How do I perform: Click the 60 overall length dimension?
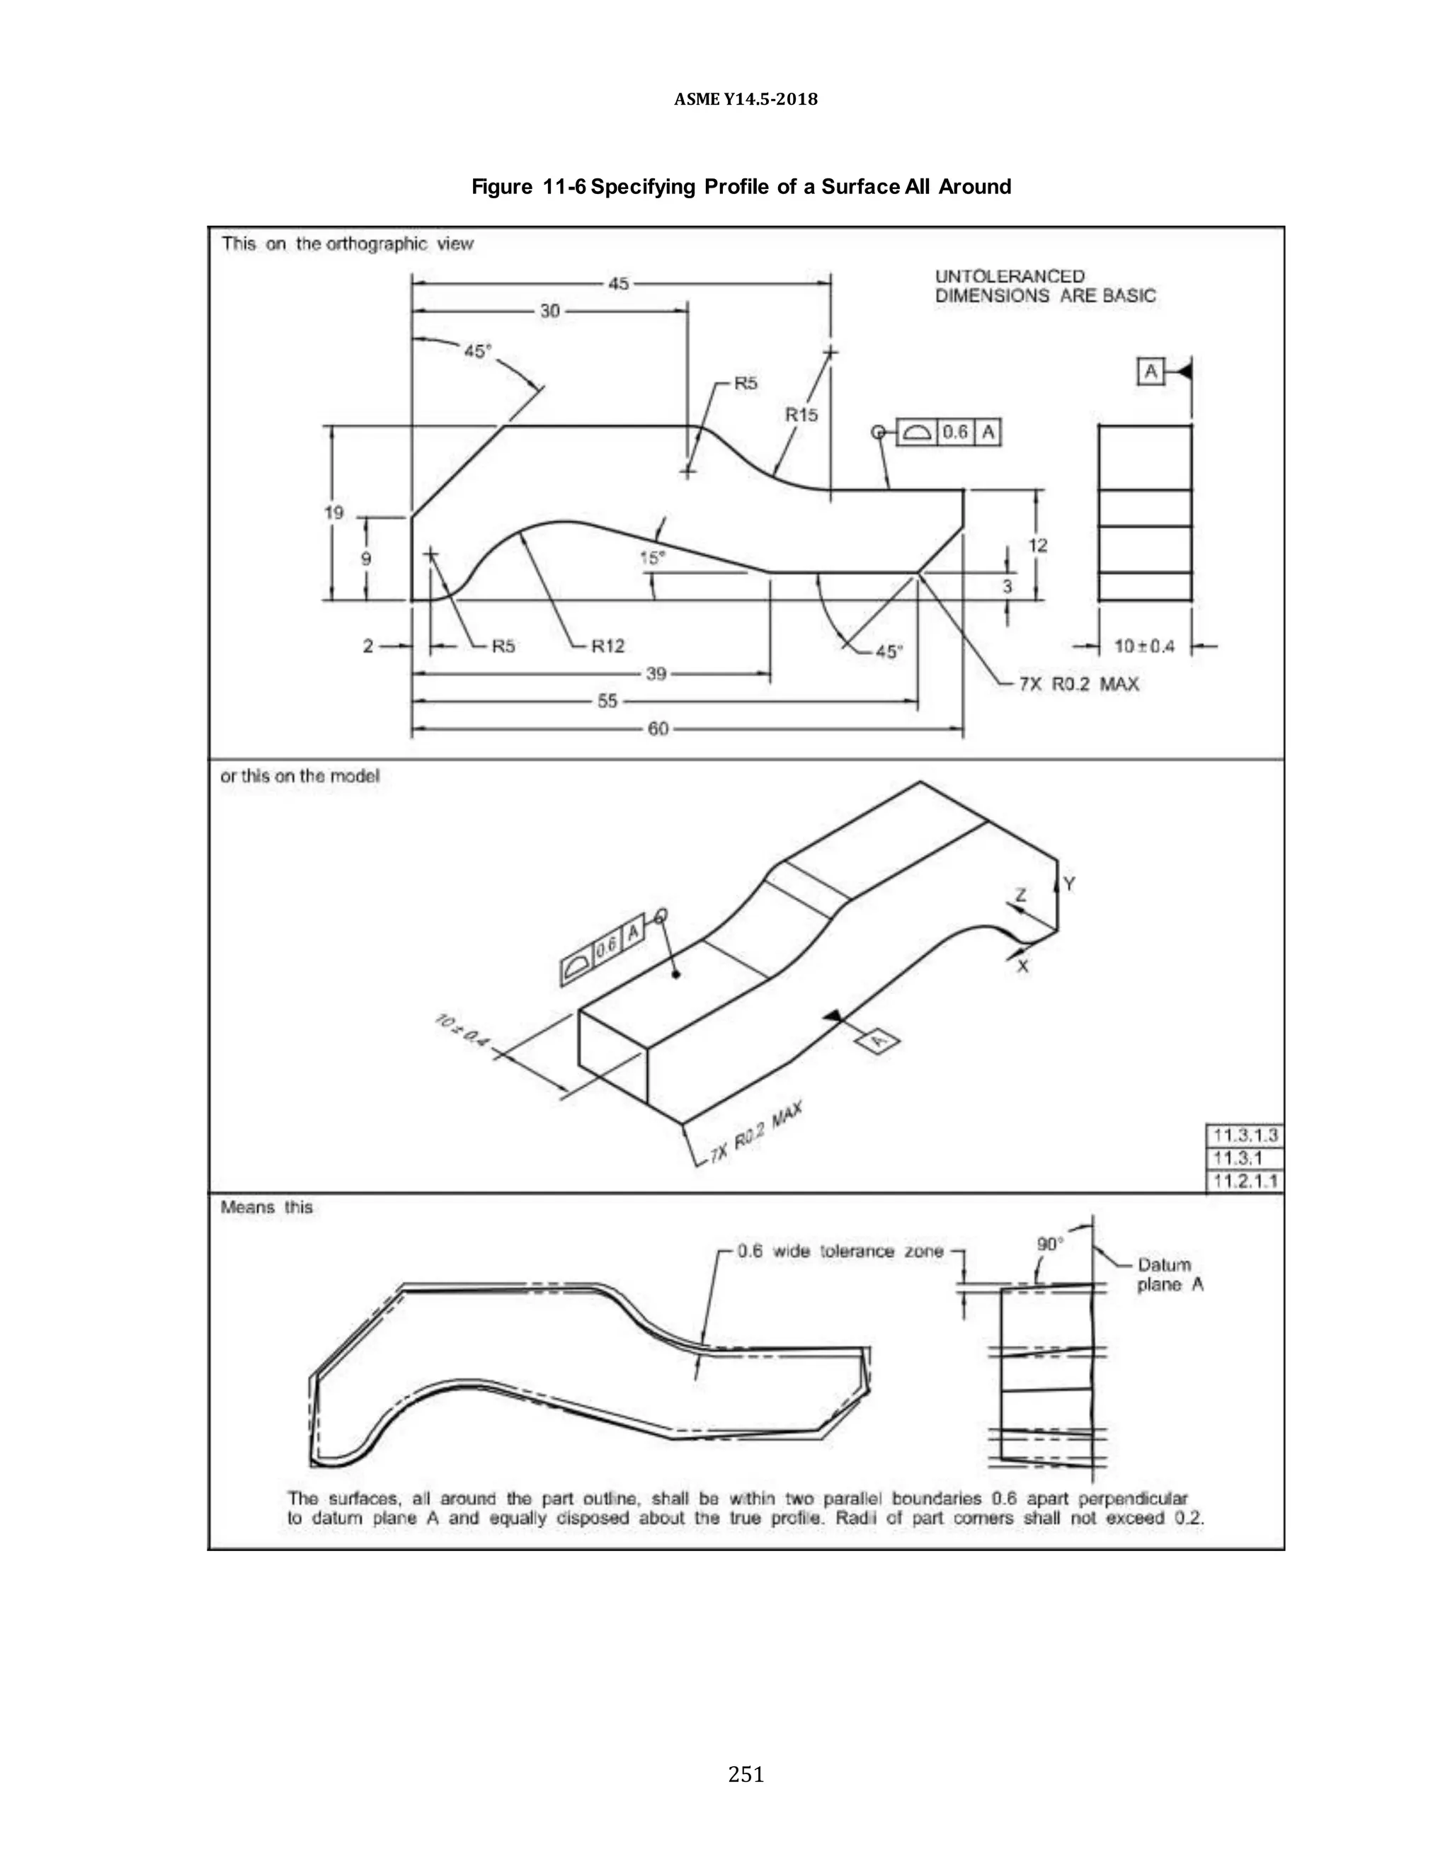658,729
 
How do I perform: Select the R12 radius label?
608,646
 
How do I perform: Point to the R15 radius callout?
801,415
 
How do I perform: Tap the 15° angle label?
652,559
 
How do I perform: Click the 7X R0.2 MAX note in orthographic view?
1079,685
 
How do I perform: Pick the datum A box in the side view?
1151,372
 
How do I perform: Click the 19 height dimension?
334,513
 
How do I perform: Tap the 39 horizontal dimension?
656,673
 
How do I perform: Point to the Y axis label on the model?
1070,884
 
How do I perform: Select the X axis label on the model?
1023,966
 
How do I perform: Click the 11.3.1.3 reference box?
1245,1136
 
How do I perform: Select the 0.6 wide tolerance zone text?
840,1252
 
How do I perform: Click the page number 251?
746,1774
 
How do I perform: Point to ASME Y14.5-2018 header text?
746,99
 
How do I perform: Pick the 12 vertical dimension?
1038,545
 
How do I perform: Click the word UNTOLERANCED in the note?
1010,277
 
